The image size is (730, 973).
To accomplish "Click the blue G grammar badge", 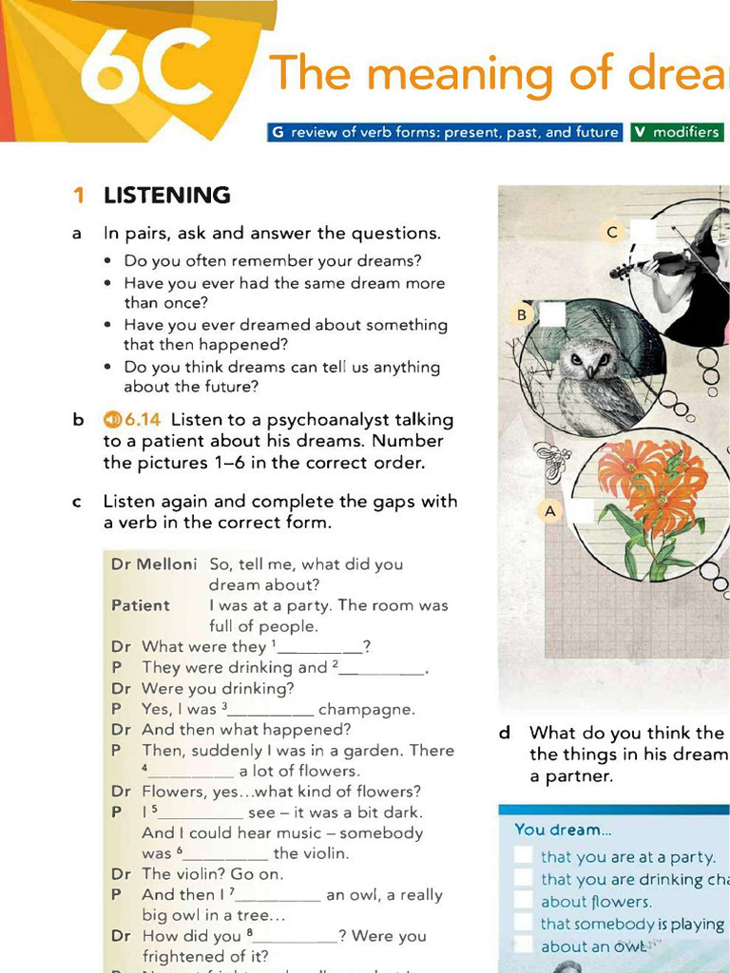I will pos(278,132).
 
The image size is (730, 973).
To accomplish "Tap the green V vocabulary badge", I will pos(640,132).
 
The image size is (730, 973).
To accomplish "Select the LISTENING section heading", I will pos(166,196).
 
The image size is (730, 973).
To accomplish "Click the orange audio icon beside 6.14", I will pos(112,419).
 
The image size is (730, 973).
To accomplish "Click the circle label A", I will pos(549,511).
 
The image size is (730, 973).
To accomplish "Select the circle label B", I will pos(521,315).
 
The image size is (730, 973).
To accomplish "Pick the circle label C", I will pos(612,232).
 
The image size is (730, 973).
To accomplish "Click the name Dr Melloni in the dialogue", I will pos(153,564).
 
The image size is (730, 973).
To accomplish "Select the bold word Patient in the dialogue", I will pos(140,605).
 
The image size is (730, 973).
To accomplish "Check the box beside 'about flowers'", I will pos(523,900).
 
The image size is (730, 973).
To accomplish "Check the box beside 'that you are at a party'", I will pos(523,855).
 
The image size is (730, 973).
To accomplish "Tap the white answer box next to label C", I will pos(643,231).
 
